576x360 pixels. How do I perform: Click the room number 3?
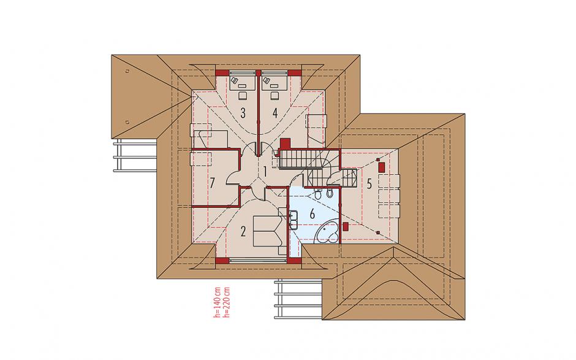pos(243,113)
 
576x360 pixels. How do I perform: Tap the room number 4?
pos(275,113)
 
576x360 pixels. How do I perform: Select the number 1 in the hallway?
pos(264,171)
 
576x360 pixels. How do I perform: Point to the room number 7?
pos(213,183)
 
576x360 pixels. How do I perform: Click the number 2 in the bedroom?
pos(243,231)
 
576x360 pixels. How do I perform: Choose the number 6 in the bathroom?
pos(313,214)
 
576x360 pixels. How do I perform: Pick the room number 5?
pos(369,184)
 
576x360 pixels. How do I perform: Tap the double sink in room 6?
pos(293,220)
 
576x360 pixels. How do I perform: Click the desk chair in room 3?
pos(243,95)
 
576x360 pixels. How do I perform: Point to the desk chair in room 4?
pos(275,95)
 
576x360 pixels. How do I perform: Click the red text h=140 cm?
pos(217,302)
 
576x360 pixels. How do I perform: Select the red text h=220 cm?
pos(226,302)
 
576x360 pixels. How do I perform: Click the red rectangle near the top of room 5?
pos(382,167)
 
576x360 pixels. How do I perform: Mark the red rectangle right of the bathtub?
pos(345,227)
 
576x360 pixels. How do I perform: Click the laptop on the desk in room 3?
pos(234,80)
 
